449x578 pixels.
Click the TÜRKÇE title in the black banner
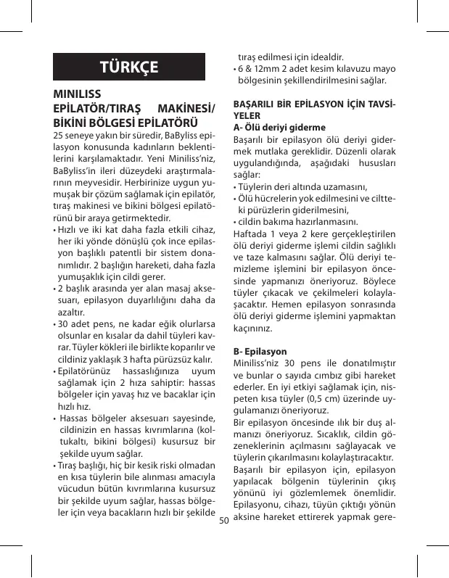(129, 68)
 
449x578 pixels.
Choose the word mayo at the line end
(383, 70)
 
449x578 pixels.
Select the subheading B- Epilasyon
(260, 351)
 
